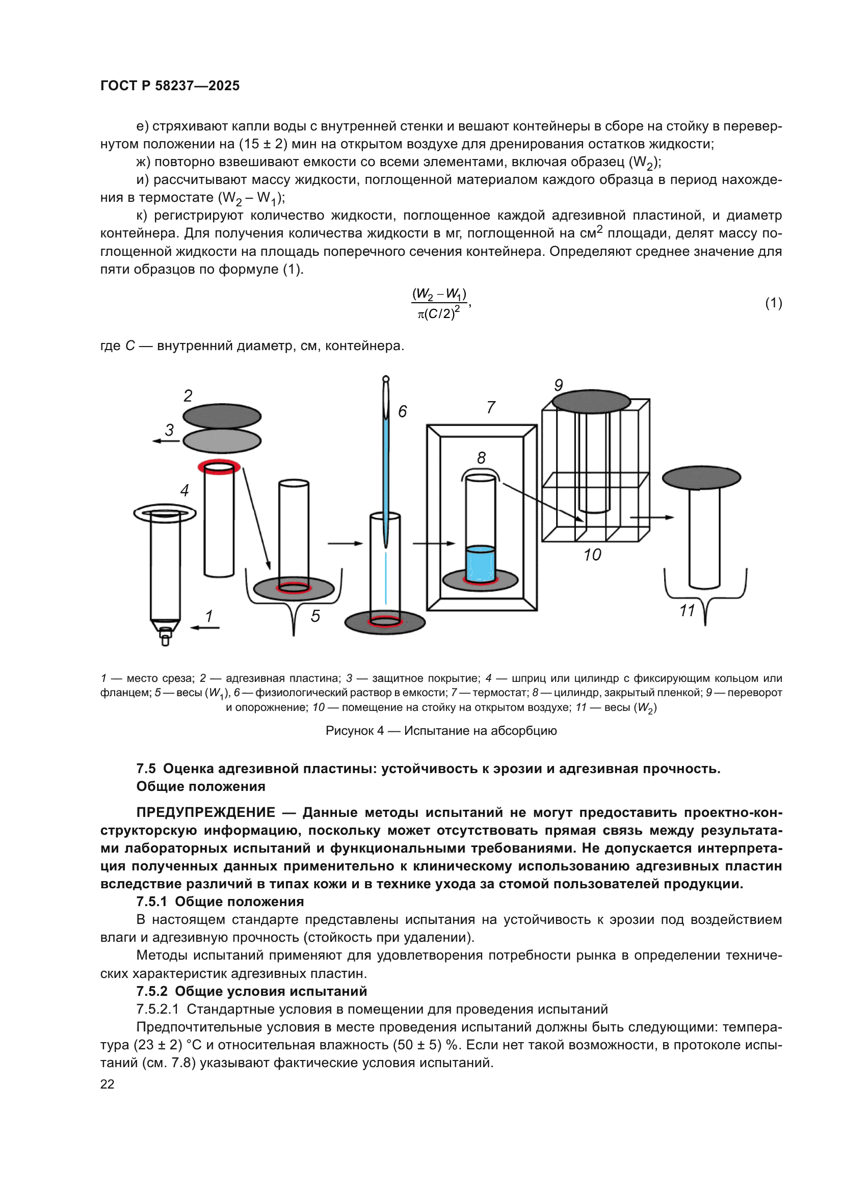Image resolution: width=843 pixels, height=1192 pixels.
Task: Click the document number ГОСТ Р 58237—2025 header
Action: (x=170, y=86)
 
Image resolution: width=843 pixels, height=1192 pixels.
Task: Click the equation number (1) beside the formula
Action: (x=774, y=303)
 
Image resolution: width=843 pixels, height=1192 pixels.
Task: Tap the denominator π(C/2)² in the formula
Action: (x=439, y=313)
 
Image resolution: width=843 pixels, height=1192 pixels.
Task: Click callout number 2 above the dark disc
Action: (x=188, y=396)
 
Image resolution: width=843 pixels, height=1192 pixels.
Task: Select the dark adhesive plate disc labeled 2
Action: (x=222, y=416)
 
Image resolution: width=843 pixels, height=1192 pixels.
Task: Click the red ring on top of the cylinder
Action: (x=219, y=466)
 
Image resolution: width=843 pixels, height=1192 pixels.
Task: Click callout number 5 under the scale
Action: (x=315, y=616)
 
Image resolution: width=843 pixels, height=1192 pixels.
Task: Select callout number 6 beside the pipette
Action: (x=402, y=412)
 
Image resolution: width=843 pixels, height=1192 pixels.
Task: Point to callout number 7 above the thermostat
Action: (x=490, y=408)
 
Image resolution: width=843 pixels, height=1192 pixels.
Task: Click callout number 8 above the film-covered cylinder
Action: (x=481, y=458)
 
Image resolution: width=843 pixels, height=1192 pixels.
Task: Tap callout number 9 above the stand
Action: (x=558, y=385)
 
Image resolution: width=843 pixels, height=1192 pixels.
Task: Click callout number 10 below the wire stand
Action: (x=592, y=555)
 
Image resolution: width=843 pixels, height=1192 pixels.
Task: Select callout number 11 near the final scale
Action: (x=687, y=611)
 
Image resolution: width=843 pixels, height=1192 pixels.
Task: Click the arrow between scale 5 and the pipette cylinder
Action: (x=345, y=544)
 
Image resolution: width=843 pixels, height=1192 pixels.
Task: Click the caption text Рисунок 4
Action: (x=355, y=730)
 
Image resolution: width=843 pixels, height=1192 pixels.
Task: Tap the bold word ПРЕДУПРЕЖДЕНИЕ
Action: (x=205, y=812)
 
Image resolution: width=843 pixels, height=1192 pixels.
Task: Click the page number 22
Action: (x=108, y=1084)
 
